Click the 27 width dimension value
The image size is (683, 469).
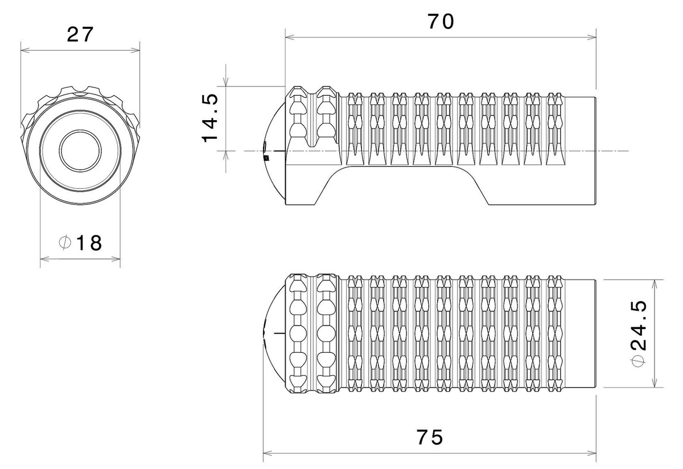80,35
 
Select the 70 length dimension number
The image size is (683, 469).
441,22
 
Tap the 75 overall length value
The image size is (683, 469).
430,437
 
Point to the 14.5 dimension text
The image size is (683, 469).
210,118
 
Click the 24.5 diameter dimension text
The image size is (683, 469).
639,325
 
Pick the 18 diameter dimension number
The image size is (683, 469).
89,243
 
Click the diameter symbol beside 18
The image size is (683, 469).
65,242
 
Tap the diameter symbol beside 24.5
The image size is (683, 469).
638,361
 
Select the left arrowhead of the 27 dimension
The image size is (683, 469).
25,50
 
